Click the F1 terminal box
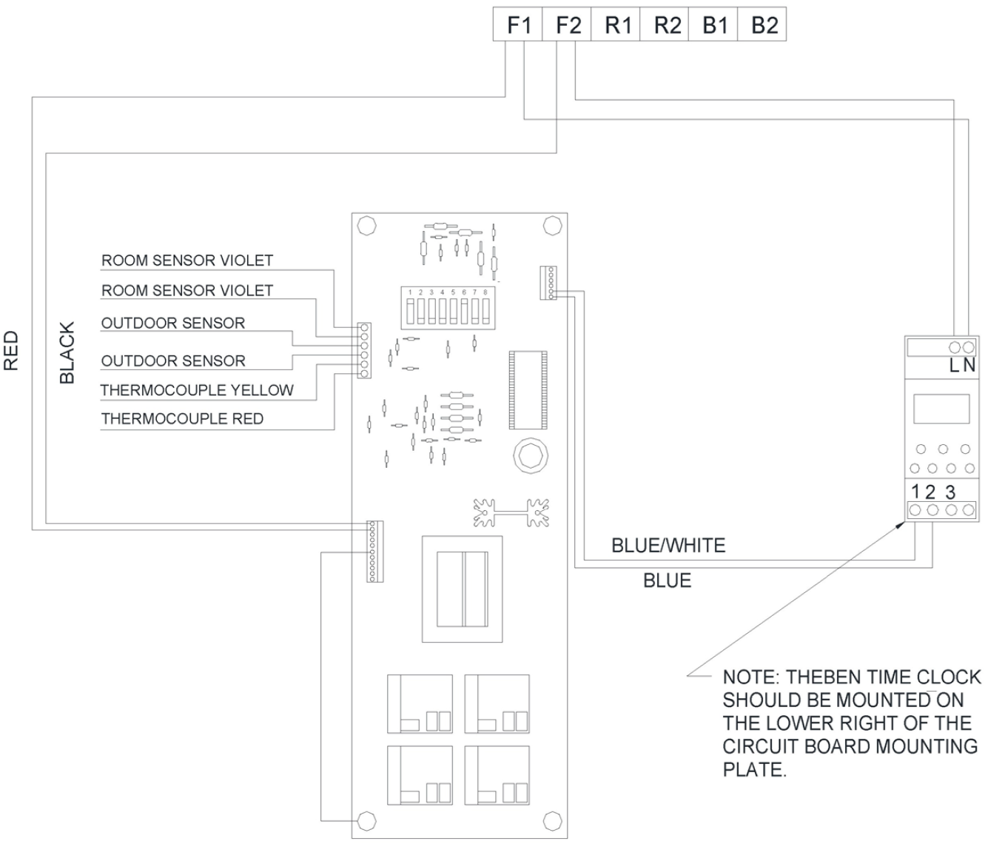(518, 25)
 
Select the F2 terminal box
(567, 25)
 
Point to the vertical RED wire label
(11, 350)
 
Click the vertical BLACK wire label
(67, 352)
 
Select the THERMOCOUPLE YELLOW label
(197, 390)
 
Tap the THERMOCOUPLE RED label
(182, 419)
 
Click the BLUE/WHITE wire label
(668, 546)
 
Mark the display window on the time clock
(941, 409)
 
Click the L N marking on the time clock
(962, 366)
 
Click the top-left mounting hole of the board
(366, 225)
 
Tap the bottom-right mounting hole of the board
(551, 820)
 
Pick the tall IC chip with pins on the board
(526, 389)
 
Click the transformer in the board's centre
(463, 589)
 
